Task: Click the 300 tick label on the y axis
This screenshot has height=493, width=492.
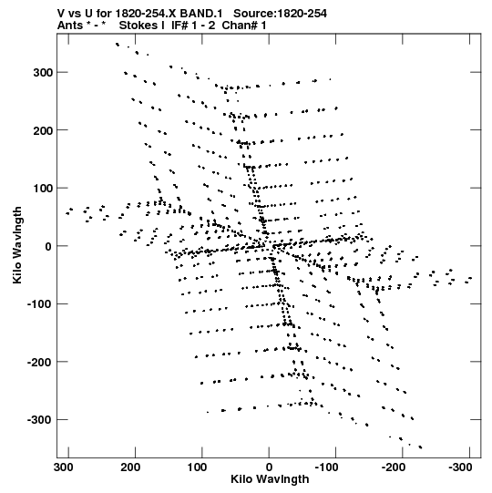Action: coord(43,73)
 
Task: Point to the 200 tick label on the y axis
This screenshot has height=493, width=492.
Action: coord(43,130)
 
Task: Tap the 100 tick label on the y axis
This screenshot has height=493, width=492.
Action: coord(43,189)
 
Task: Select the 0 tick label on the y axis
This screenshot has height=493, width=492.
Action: coord(48,246)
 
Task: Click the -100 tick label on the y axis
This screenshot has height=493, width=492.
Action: coord(39,304)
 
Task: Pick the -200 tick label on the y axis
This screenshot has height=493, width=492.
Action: coord(39,362)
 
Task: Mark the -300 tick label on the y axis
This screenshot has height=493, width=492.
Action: coord(39,420)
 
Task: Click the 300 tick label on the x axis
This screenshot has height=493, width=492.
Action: coord(64,467)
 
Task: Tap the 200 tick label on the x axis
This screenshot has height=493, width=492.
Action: coord(130,467)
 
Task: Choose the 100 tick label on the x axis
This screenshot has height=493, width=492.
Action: coord(198,467)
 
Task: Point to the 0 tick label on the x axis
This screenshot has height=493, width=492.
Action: coord(269,467)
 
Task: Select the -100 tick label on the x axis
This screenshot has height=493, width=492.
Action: coord(327,467)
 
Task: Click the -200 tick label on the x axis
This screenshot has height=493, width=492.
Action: coord(394,467)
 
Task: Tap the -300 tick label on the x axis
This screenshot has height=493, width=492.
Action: coord(460,467)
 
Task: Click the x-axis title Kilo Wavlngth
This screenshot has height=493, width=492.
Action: coord(270,479)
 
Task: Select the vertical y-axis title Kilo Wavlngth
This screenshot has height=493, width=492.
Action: coord(17,245)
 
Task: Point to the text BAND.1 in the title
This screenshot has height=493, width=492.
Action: coord(201,14)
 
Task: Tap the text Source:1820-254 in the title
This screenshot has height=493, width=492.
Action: coord(280,14)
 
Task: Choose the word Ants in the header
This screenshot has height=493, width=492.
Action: coord(70,26)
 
